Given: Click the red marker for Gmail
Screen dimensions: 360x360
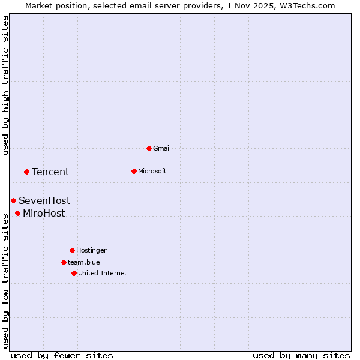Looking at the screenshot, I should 149,148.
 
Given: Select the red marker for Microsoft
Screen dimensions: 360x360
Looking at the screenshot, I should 134,171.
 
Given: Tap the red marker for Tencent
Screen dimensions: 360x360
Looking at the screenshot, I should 26,172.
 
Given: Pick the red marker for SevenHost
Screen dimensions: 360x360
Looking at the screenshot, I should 13,200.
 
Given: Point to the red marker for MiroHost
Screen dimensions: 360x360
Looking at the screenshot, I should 17,213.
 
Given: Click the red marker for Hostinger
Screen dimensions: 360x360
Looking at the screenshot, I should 72,250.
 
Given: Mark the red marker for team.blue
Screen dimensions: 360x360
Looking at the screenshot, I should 64,262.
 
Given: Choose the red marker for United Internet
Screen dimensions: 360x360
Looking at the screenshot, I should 74,273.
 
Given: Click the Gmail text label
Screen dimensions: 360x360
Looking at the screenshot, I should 162,148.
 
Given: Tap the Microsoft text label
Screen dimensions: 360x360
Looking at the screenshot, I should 152,171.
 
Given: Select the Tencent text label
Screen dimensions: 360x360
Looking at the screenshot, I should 50,172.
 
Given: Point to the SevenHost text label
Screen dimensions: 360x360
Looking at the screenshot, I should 44,201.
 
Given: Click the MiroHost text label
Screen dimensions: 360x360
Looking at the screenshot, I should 44,214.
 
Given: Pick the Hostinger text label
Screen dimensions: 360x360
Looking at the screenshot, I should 91,250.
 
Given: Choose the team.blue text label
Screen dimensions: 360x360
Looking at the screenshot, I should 84,262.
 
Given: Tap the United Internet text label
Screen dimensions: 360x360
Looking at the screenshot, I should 103,273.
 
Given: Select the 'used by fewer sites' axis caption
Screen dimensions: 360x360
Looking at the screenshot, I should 62,355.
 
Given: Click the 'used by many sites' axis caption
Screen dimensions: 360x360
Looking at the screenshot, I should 301,355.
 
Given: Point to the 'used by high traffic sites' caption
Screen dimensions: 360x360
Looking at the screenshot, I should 6,85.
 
